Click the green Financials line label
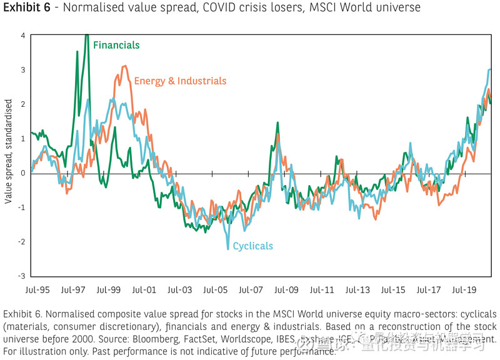click(116, 45)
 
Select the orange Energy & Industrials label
click(180, 81)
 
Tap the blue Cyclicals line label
click(252, 246)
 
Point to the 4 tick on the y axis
click(22, 36)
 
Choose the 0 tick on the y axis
click(22, 173)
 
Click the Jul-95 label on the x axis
click(37, 291)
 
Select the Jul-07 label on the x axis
click(250, 291)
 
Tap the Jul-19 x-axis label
click(463, 291)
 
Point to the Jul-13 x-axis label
click(357, 291)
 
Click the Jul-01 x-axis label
click(144, 291)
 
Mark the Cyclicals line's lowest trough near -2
click(228, 249)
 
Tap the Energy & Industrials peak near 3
click(125, 66)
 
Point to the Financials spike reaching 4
click(86, 36)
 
